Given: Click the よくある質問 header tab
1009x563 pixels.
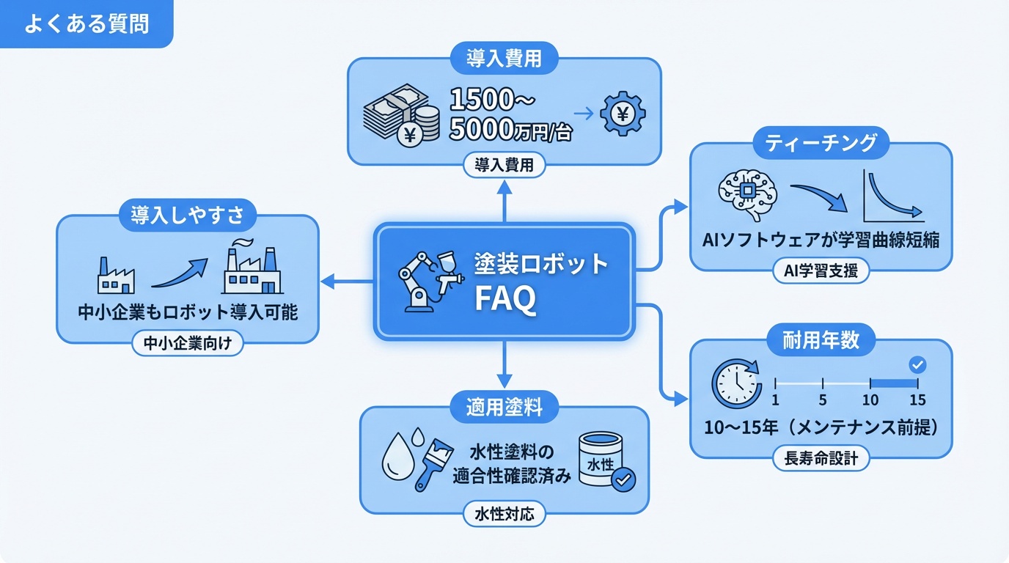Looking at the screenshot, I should pos(86,23).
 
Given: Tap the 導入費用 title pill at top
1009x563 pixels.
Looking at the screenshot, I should pos(504,59).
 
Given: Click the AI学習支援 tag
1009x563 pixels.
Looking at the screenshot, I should pos(821,271).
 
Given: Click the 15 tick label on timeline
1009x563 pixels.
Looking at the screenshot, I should pos(917,400).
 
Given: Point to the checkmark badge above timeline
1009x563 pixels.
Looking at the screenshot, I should pos(917,364).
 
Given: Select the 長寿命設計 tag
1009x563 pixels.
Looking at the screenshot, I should pos(821,459).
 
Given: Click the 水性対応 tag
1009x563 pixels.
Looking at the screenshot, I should pos(504,514).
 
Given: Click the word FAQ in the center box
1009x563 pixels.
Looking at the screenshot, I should pos(505,299).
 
